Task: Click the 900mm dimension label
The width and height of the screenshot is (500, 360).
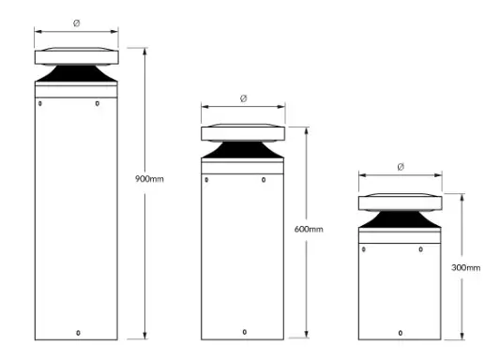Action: (x=150, y=177)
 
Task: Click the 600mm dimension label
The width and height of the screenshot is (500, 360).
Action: (x=309, y=229)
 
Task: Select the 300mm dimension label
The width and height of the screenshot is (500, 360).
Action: (x=466, y=267)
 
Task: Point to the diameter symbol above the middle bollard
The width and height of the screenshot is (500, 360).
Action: (x=244, y=98)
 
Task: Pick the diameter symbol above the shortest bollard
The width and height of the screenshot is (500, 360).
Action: (x=401, y=167)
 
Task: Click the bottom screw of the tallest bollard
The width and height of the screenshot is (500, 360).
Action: (x=77, y=332)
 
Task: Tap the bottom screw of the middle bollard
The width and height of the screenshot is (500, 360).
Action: (x=244, y=332)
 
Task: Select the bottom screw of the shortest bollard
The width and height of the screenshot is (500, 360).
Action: (x=401, y=332)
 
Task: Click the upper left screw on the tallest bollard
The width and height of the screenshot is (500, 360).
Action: (x=39, y=103)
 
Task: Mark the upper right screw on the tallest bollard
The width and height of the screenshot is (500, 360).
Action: (x=98, y=103)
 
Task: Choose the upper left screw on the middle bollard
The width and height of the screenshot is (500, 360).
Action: (x=205, y=173)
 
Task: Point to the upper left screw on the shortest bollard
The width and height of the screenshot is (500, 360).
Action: (x=363, y=248)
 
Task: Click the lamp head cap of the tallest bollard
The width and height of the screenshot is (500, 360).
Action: (x=77, y=55)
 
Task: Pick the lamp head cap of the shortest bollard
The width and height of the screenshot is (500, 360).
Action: (x=401, y=201)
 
